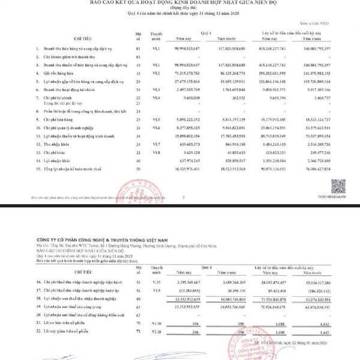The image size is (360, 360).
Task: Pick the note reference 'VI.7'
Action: tap(156, 144)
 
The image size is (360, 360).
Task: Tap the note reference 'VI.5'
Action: tap(156, 119)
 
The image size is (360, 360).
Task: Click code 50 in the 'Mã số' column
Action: tap(138, 170)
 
